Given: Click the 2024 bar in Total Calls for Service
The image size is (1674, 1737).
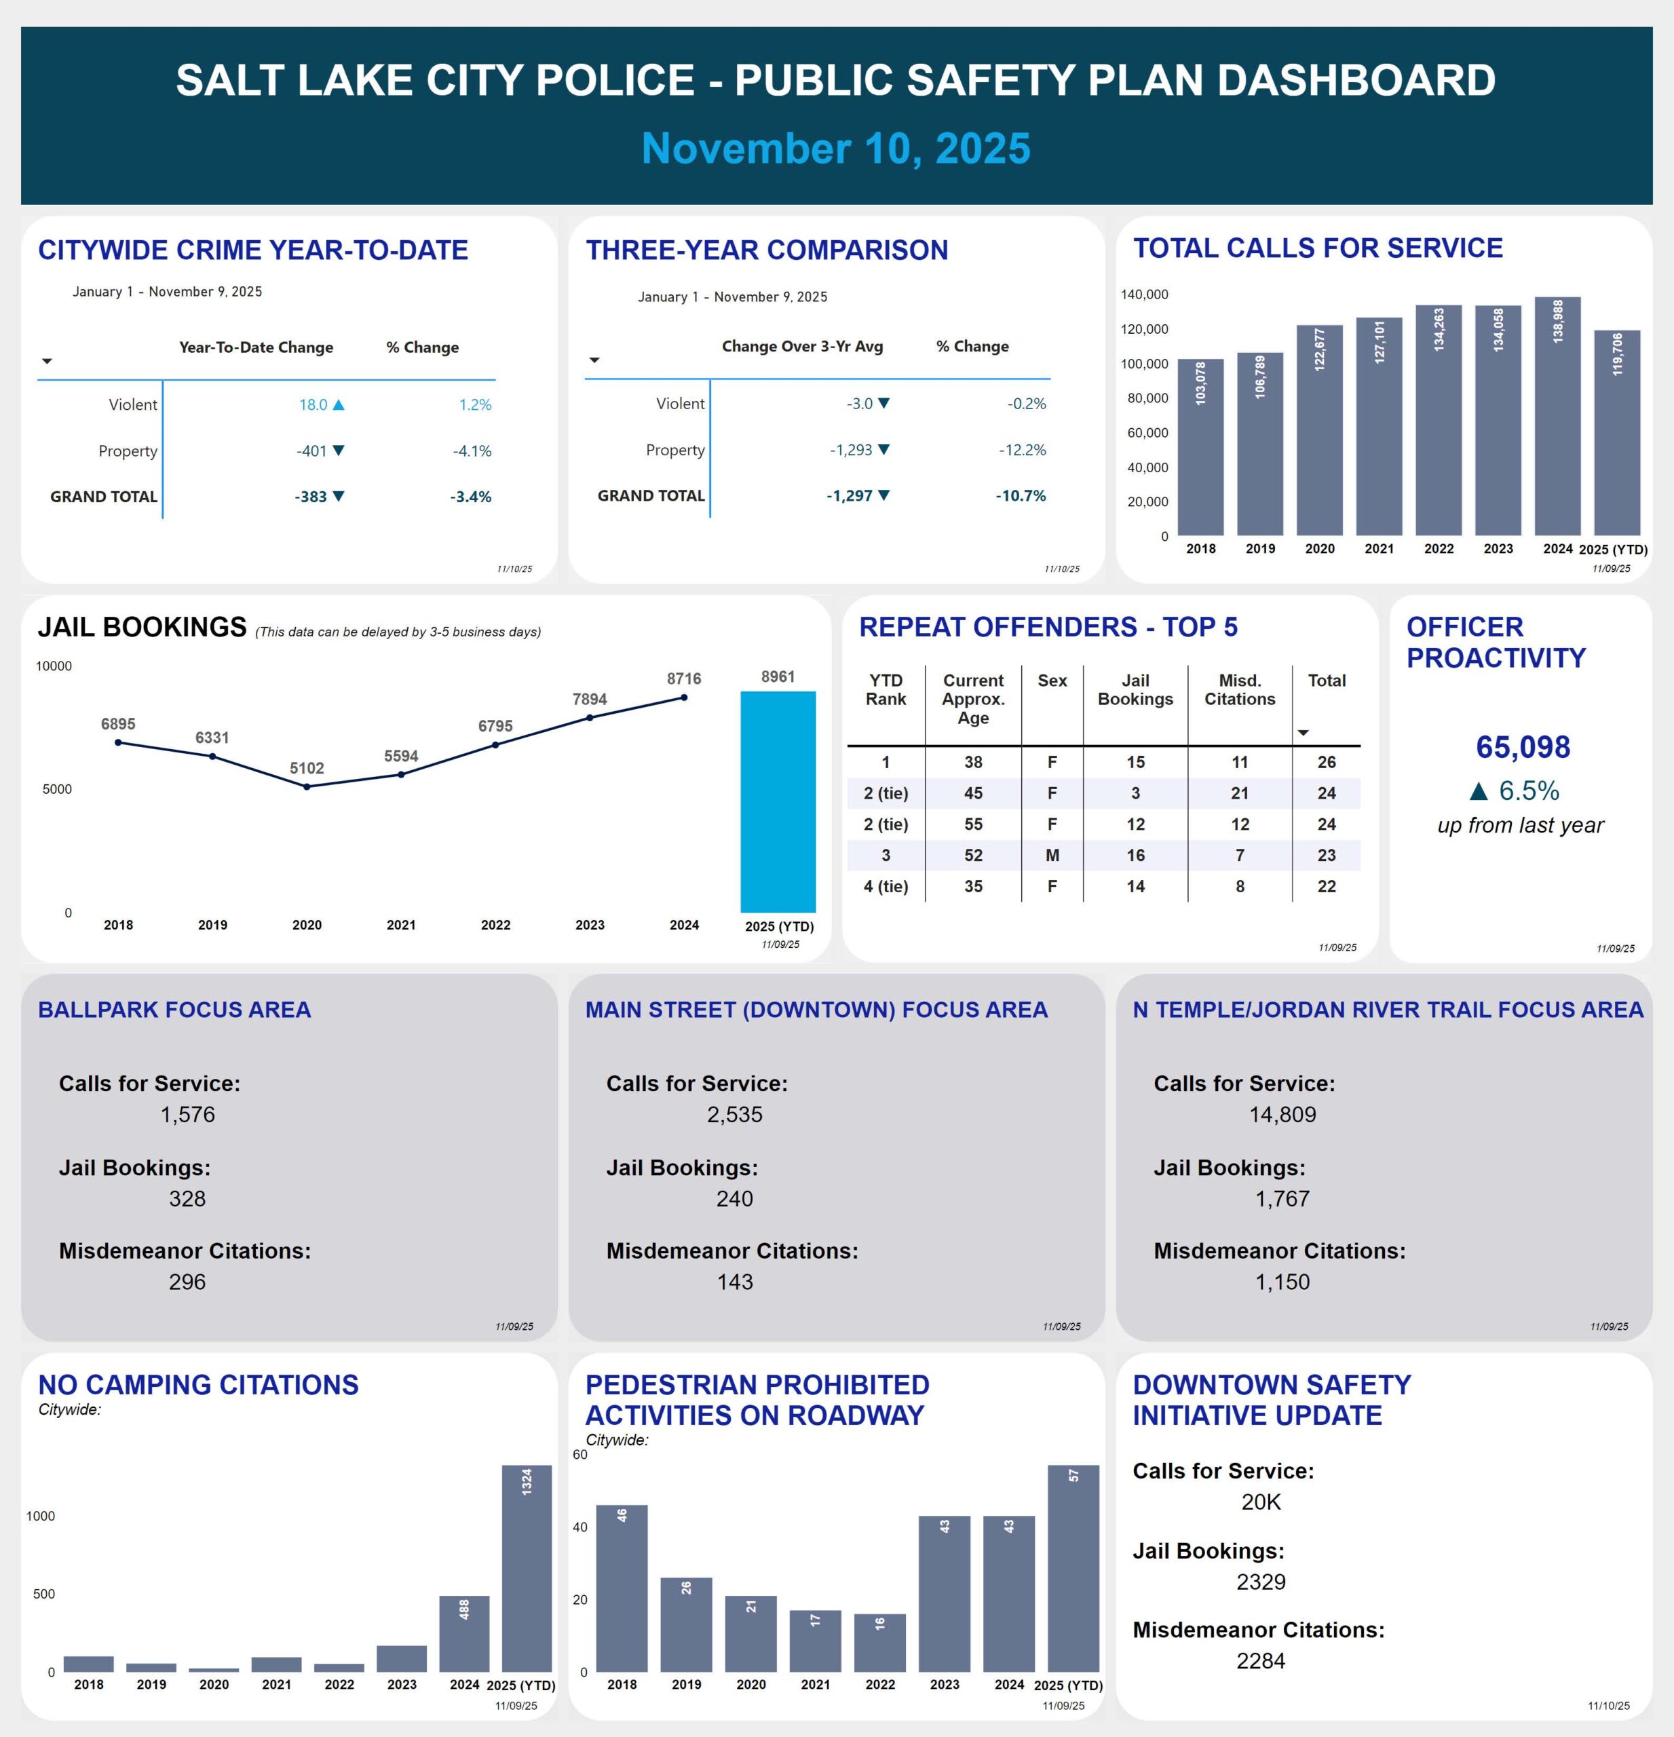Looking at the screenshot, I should (1557, 417).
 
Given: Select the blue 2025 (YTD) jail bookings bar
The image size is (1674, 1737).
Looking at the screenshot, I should (777, 802).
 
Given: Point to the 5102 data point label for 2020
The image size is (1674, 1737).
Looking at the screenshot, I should (307, 768).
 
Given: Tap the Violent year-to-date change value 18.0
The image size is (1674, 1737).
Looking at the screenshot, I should (313, 405).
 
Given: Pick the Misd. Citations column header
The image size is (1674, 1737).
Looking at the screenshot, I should (1239, 689).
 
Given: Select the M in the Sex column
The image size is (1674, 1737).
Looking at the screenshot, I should (1052, 855).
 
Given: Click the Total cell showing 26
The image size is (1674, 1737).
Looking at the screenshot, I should (1326, 762).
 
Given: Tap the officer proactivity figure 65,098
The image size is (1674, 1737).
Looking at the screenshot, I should (1521, 747).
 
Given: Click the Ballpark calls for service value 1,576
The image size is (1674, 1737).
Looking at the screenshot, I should (187, 1115).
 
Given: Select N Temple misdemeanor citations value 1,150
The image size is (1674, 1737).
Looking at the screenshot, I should (1281, 1282).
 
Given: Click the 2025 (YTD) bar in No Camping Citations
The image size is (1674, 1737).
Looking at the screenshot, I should (527, 1569).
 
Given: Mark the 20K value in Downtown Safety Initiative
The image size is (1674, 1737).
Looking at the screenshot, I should (1260, 1502).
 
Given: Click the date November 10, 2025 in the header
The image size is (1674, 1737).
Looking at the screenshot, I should (836, 148).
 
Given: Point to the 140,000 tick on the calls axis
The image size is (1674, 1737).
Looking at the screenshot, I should (1144, 294).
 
